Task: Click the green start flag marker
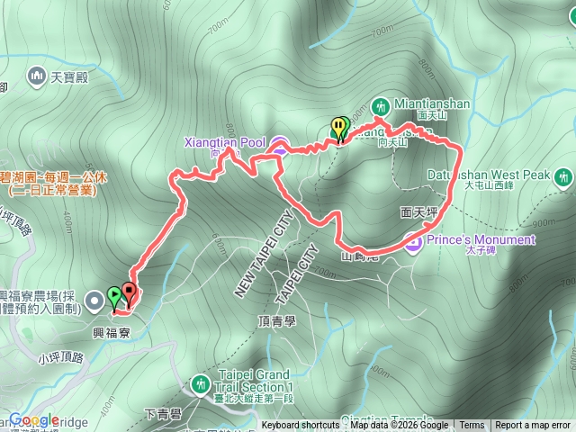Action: click(113, 296)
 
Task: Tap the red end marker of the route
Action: click(128, 292)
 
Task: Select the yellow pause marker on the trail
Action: click(338, 129)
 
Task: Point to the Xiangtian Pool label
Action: click(224, 142)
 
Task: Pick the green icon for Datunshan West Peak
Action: click(564, 177)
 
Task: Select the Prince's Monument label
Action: click(481, 240)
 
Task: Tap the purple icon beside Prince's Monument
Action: click(413, 240)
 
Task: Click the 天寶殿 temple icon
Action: click(37, 76)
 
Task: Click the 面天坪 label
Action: click(418, 213)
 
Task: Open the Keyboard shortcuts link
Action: click(301, 426)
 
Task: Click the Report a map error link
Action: click(532, 426)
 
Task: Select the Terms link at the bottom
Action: click(472, 426)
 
